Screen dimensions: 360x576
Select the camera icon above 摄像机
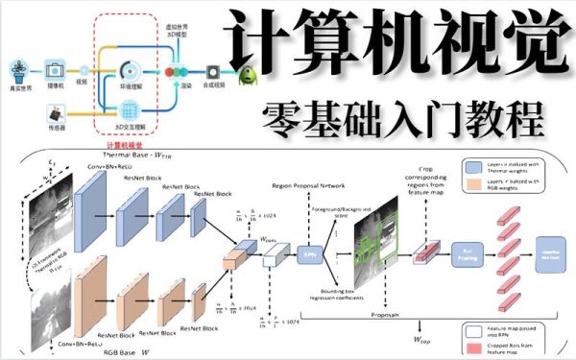[54, 69]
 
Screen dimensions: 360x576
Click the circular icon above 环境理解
[132, 69]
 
